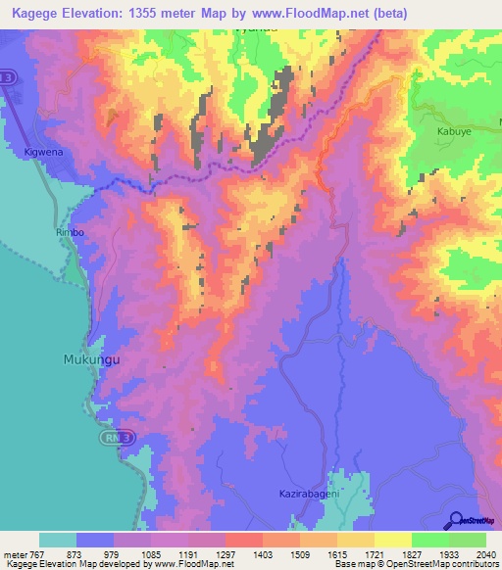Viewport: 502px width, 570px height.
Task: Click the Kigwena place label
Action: [x=43, y=153]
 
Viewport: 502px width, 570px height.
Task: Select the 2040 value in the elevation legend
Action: [x=485, y=553]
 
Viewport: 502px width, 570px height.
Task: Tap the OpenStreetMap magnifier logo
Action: [x=456, y=521]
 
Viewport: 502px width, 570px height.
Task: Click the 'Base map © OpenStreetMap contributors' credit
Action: [x=415, y=564]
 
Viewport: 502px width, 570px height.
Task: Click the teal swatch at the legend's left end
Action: [x=58, y=540]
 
